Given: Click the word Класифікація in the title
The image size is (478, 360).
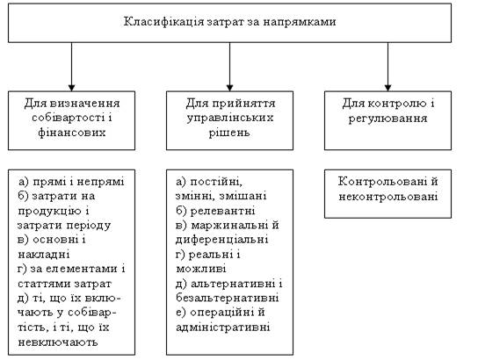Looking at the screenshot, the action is [163, 22].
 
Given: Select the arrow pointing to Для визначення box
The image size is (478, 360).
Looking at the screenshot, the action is [72, 67].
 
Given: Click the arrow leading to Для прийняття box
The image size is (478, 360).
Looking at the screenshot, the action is [230, 67].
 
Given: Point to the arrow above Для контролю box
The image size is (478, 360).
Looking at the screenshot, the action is [387, 67].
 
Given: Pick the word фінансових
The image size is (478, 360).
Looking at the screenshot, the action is [72, 133].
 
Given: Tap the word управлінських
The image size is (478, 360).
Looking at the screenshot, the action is [230, 118].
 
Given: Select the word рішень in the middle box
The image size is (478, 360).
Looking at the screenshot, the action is [229, 133].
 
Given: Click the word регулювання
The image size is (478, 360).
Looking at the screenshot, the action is [387, 119].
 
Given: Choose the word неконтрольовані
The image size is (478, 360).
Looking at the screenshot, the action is [388, 197].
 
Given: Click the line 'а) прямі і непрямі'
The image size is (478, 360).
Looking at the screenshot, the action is [71, 182].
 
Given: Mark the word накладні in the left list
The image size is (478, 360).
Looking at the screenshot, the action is [44, 255].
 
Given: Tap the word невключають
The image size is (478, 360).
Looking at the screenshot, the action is [58, 342].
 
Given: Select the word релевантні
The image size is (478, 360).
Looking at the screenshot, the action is [222, 211].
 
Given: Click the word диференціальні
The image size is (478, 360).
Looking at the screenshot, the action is [222, 240].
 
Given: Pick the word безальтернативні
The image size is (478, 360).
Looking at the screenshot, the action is [227, 298].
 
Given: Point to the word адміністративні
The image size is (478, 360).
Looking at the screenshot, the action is [223, 328].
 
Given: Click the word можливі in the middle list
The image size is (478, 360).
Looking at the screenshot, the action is [201, 269].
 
